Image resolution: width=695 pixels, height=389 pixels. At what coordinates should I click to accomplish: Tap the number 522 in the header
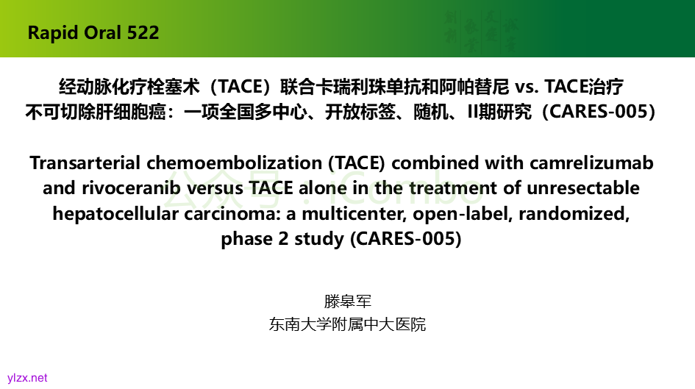pos(143,33)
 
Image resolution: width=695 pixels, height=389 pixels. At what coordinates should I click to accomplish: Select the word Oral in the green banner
pos(101,33)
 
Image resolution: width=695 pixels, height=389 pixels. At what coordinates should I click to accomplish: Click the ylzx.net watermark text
pos(27,378)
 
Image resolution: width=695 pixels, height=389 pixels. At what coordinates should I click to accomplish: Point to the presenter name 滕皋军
pos(347,301)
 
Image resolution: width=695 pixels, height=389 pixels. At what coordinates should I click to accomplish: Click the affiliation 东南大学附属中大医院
pos(347,324)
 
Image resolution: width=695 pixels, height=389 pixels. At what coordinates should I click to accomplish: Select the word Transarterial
pos(85,163)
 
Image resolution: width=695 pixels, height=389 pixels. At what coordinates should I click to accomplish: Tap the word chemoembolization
pos(234,163)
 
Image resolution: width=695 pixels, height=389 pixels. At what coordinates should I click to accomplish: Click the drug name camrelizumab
pos(591,163)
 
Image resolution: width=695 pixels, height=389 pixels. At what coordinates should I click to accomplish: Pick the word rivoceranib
pos(131,188)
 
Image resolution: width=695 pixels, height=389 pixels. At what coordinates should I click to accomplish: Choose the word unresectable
pos(583,188)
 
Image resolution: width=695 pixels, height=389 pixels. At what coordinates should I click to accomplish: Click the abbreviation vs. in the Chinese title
pos(527,87)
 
